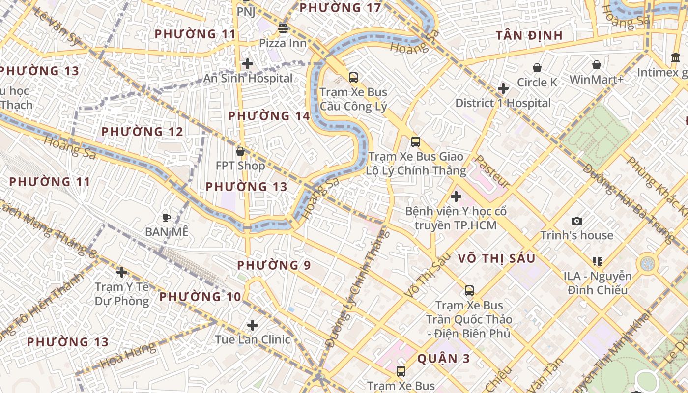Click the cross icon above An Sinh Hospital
coord(248,64)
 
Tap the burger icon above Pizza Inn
coord(283,28)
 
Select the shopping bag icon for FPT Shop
coord(240,151)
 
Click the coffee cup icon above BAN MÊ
coord(167,217)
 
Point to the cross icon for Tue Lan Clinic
coord(253,325)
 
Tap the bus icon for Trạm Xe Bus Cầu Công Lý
coord(353,78)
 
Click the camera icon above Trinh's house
coord(577,221)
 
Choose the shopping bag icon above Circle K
coord(537,68)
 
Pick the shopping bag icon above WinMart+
coord(597,65)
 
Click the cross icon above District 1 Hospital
coord(503,89)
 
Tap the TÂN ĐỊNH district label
coord(529,35)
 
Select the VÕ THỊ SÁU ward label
coord(496,258)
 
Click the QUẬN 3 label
coord(443,359)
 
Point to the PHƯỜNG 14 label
coord(269,116)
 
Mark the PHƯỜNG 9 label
coord(274,266)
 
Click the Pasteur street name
coord(491,171)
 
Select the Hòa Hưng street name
coord(129,356)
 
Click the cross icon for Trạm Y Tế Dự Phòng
coord(122,272)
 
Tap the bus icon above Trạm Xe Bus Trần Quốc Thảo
coord(469,291)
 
